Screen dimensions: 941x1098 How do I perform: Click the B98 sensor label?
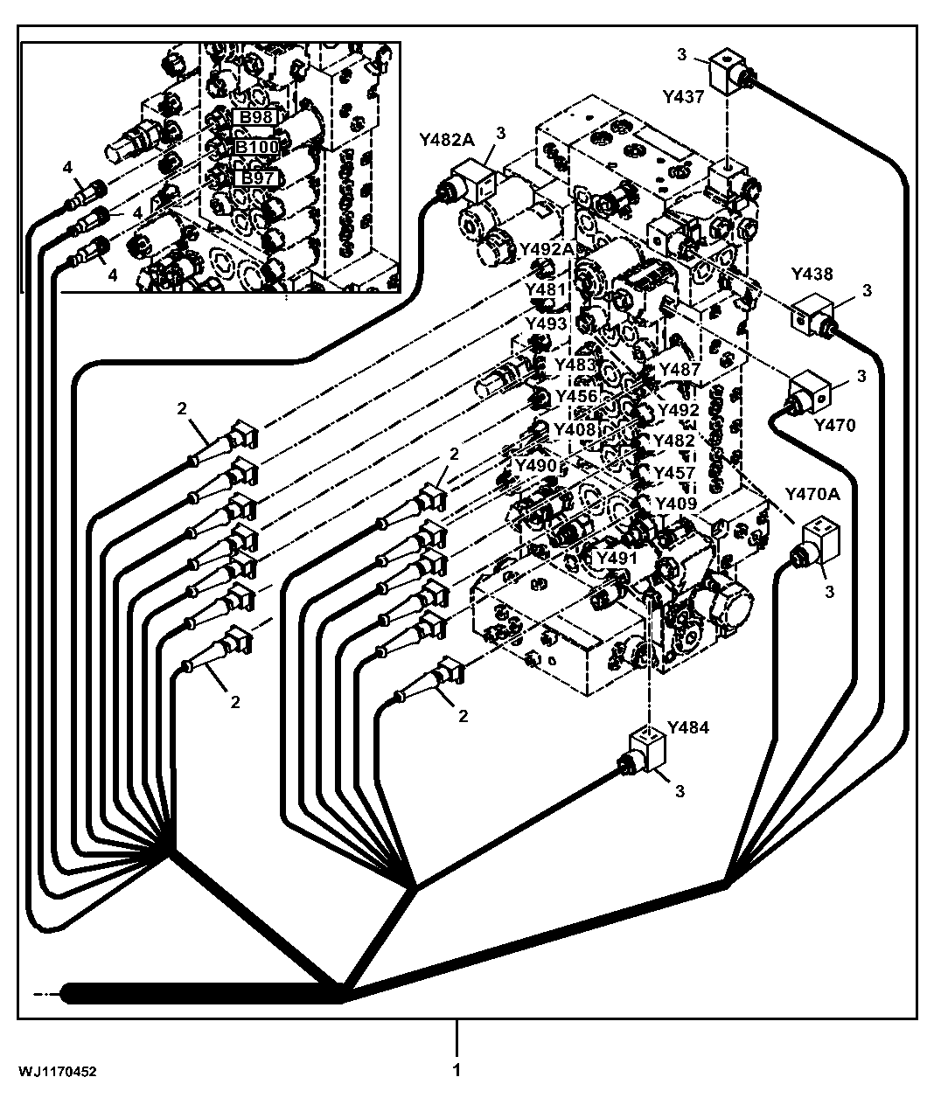(x=255, y=117)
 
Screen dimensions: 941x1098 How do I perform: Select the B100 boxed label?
(x=257, y=147)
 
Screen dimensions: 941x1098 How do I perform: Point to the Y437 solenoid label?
(x=683, y=97)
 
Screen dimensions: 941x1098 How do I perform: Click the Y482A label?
(x=447, y=140)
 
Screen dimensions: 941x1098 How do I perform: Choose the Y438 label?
(x=812, y=274)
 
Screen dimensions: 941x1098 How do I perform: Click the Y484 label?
(x=688, y=726)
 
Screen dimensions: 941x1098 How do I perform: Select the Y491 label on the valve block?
(x=617, y=558)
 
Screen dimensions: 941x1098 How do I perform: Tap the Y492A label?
(x=547, y=248)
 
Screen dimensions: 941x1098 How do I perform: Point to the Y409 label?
(x=675, y=503)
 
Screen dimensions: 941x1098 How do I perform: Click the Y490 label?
(x=536, y=465)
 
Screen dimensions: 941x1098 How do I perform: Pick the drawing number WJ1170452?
(x=58, y=1072)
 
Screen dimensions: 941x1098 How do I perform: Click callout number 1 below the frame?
(x=457, y=1070)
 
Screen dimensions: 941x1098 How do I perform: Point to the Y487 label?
(x=680, y=369)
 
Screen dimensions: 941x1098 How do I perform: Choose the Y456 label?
(x=576, y=396)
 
